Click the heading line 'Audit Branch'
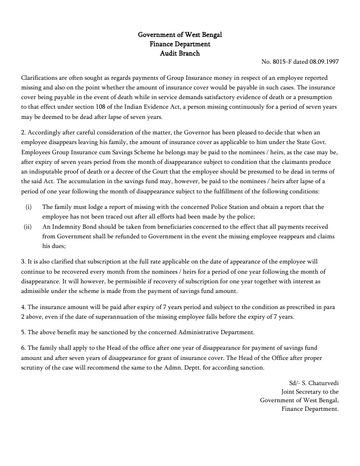point(180,53)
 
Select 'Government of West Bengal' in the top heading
point(180,35)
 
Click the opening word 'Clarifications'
point(39,78)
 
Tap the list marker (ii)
point(28,227)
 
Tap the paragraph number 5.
point(23,332)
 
